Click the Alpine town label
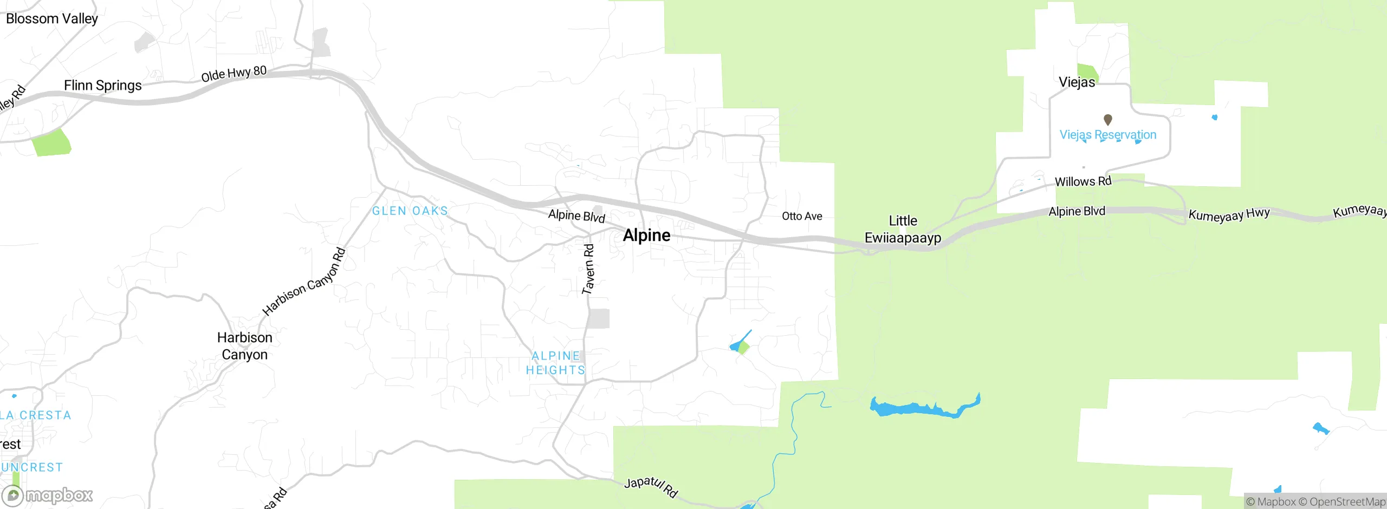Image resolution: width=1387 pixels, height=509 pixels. tap(646, 235)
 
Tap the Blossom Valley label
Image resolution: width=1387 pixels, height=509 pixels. tap(52, 18)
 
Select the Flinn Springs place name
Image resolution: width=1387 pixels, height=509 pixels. tap(103, 86)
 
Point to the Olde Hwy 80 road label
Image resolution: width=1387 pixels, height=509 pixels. tap(234, 74)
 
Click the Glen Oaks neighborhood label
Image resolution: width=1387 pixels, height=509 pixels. tap(410, 211)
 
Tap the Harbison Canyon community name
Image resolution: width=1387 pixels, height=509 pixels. tap(245, 346)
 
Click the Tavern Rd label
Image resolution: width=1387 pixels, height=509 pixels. tap(588, 269)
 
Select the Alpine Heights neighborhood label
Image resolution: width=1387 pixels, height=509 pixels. tap(556, 363)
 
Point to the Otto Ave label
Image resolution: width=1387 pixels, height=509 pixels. tap(802, 216)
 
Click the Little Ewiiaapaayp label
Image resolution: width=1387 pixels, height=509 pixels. tap(903, 229)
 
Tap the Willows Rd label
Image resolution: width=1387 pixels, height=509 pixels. tap(1083, 181)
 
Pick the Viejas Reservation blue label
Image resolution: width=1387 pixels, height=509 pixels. tap(1107, 134)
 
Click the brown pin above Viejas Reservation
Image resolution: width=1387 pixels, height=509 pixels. tap(1108, 119)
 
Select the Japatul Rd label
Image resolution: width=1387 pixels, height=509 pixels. tap(650, 486)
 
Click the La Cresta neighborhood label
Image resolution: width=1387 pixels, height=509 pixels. tap(36, 415)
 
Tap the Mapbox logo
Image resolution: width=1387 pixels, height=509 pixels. tap(48, 495)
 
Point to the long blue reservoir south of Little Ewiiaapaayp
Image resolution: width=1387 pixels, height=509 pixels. tap(921, 407)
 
